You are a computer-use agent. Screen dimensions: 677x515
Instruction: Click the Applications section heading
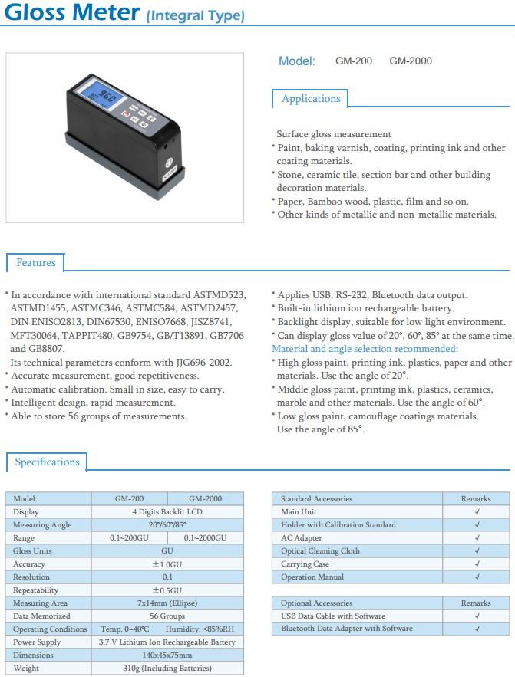pos(310,99)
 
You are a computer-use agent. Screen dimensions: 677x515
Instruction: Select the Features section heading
pos(35,263)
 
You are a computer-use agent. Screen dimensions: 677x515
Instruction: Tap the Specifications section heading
pos(47,462)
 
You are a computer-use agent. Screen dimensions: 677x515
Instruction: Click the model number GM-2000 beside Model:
pos(411,61)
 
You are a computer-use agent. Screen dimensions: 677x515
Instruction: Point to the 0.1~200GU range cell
pos(129,538)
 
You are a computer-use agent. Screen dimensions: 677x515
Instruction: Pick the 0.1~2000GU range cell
pos(205,538)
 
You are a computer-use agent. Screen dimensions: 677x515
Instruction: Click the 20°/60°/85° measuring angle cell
pos(167,525)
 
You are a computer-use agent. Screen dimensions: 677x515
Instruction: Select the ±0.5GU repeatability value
pos(167,590)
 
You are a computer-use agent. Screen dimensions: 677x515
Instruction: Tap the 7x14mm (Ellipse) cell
pos(167,603)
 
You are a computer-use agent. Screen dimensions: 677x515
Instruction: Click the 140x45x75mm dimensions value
pos(167,656)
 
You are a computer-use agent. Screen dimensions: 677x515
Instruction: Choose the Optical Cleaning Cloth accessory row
pos(320,551)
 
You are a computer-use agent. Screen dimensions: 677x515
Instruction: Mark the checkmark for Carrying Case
pos(477,564)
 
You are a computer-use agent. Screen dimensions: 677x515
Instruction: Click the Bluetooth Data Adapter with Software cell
pos(346,629)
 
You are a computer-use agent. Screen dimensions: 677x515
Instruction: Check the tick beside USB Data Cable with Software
pos(477,616)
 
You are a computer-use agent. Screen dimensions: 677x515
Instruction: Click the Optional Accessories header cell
pos(316,603)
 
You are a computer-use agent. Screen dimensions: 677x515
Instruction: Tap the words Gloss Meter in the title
pos(71,13)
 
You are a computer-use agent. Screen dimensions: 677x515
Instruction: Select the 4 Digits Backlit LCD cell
pos(167,512)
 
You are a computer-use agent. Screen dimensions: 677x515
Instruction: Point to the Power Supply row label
pos(36,642)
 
